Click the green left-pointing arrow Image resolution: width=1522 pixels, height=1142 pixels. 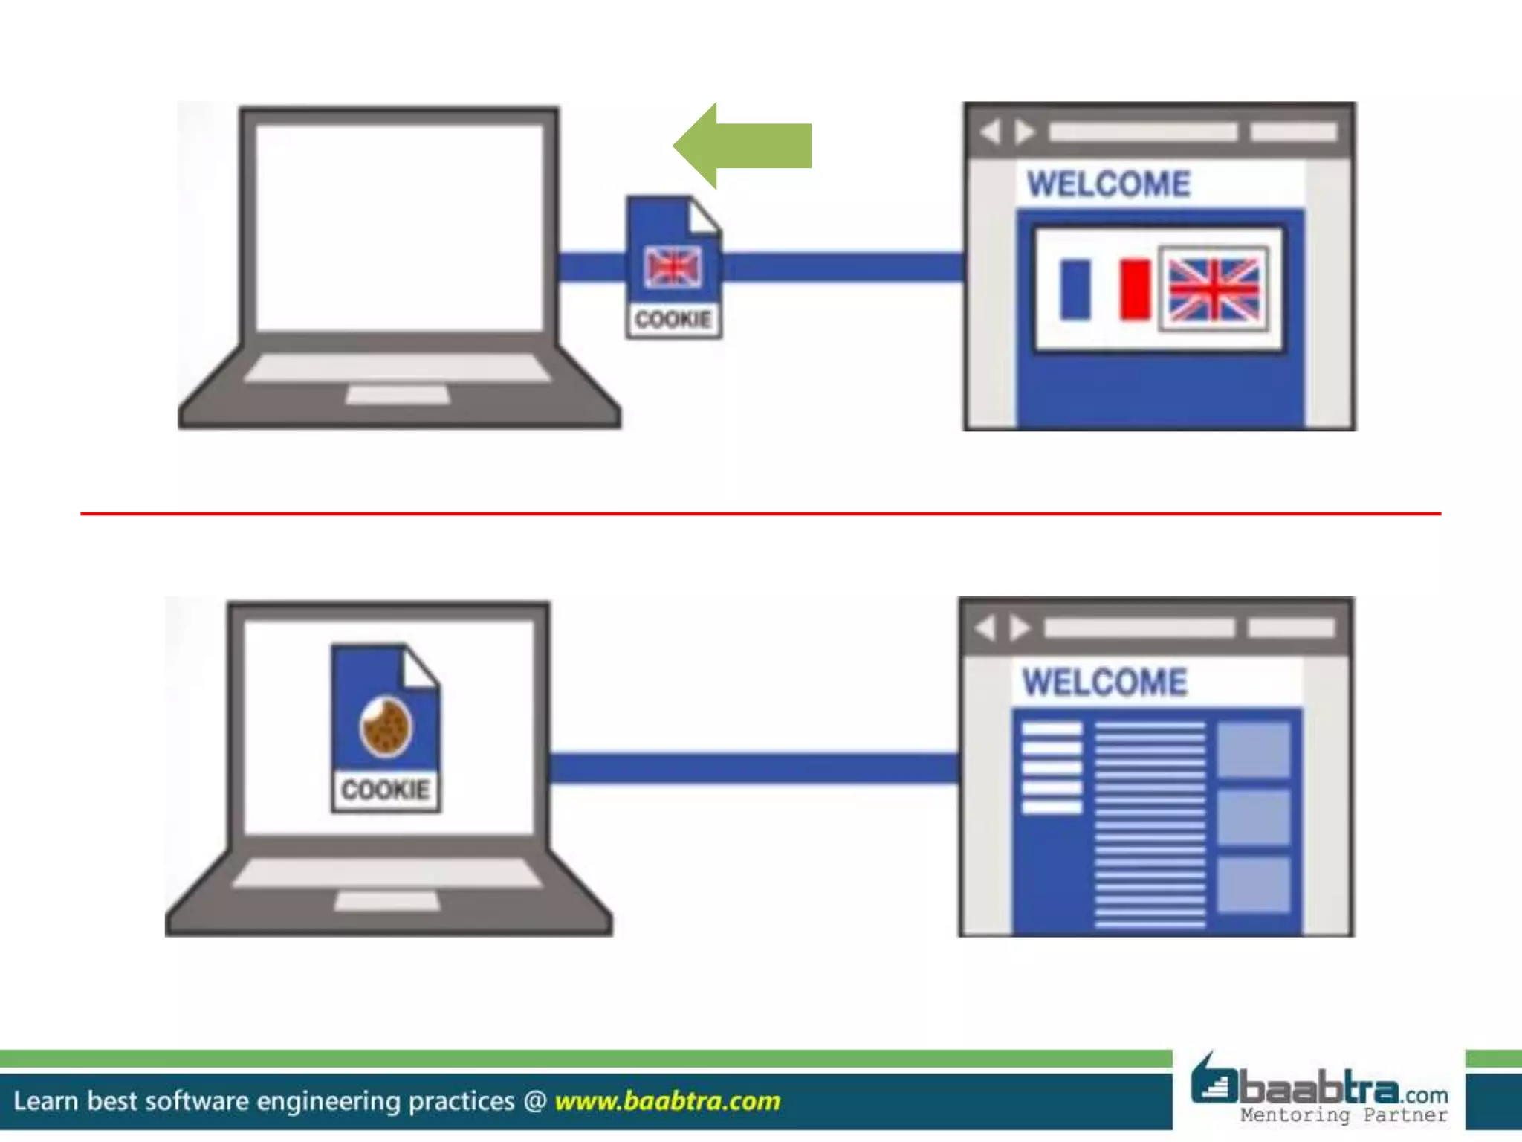[x=743, y=146]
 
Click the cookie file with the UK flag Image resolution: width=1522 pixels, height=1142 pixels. [x=673, y=268]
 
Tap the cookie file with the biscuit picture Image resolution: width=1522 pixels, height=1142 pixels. [x=386, y=729]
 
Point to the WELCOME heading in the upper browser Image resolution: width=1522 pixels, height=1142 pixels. [x=1108, y=184]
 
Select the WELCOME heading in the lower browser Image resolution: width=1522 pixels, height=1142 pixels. [x=1104, y=683]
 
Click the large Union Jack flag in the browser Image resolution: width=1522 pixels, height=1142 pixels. [x=1214, y=289]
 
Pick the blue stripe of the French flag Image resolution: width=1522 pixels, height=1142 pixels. [x=1075, y=289]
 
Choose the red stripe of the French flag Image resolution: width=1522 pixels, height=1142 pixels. [x=1135, y=289]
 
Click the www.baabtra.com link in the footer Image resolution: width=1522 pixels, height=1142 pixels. [x=667, y=1101]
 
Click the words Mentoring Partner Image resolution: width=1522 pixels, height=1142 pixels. [x=1344, y=1115]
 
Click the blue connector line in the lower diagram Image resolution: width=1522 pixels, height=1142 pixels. [x=754, y=768]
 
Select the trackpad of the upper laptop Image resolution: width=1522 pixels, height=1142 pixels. [x=398, y=395]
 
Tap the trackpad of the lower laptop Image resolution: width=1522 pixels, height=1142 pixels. [x=386, y=901]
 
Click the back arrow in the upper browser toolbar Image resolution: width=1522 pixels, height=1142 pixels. [x=991, y=132]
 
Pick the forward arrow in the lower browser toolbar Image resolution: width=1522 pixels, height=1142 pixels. [x=1020, y=628]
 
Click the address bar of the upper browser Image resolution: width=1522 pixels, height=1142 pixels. [x=1143, y=132]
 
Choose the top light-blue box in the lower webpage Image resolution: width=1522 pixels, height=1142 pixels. [x=1253, y=749]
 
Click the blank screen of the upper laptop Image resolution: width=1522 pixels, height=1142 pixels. [x=399, y=227]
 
